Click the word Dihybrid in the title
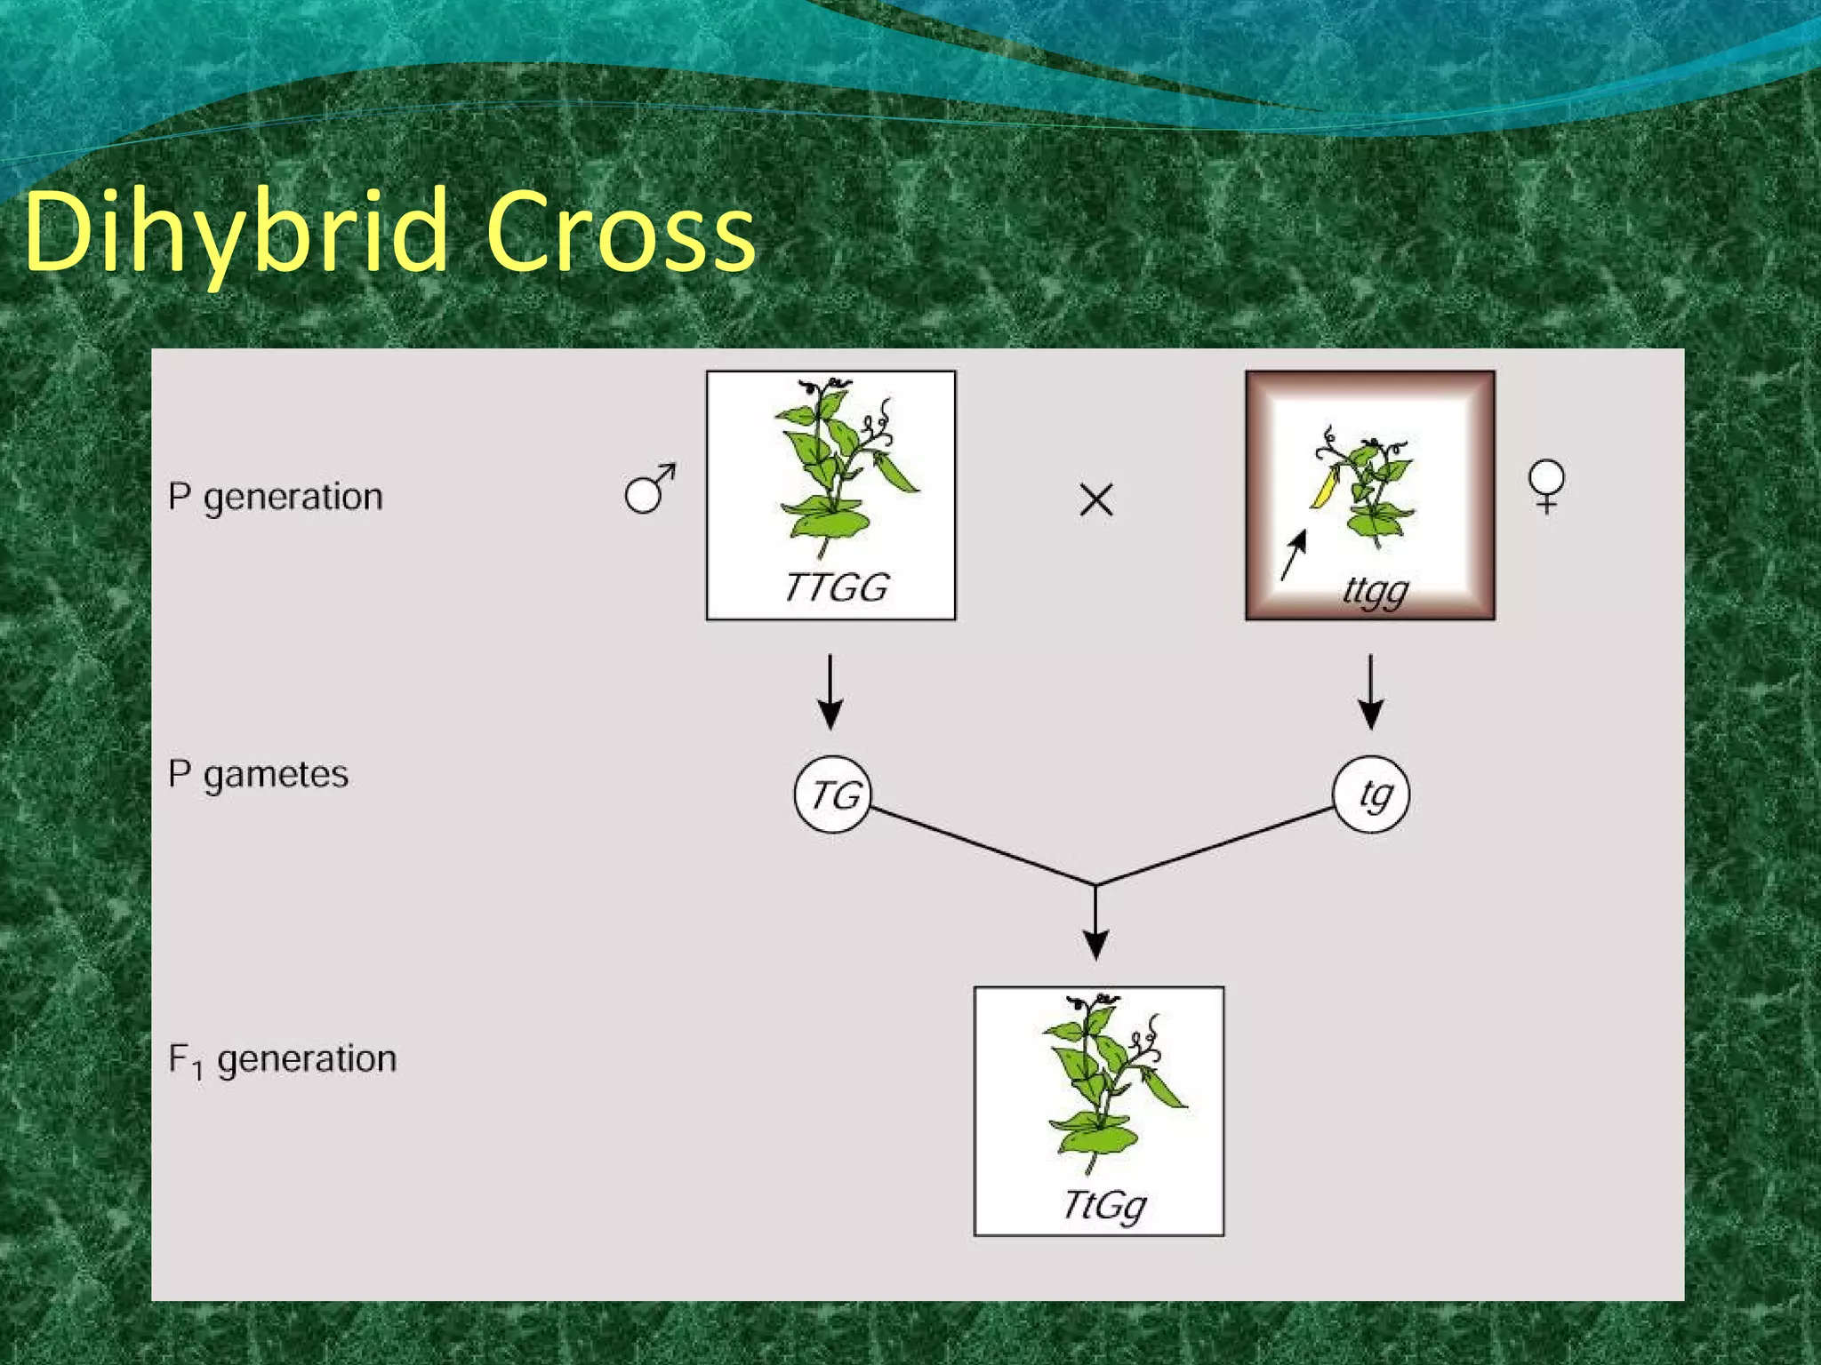point(236,233)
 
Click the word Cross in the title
point(620,233)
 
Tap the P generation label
point(275,497)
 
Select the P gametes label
point(258,775)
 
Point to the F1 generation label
point(282,1059)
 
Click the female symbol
point(1546,485)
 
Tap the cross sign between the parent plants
point(1095,499)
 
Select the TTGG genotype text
point(836,587)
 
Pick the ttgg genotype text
point(1376,590)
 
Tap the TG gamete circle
point(833,794)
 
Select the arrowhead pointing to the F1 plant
point(1095,944)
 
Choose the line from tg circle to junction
point(1218,846)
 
